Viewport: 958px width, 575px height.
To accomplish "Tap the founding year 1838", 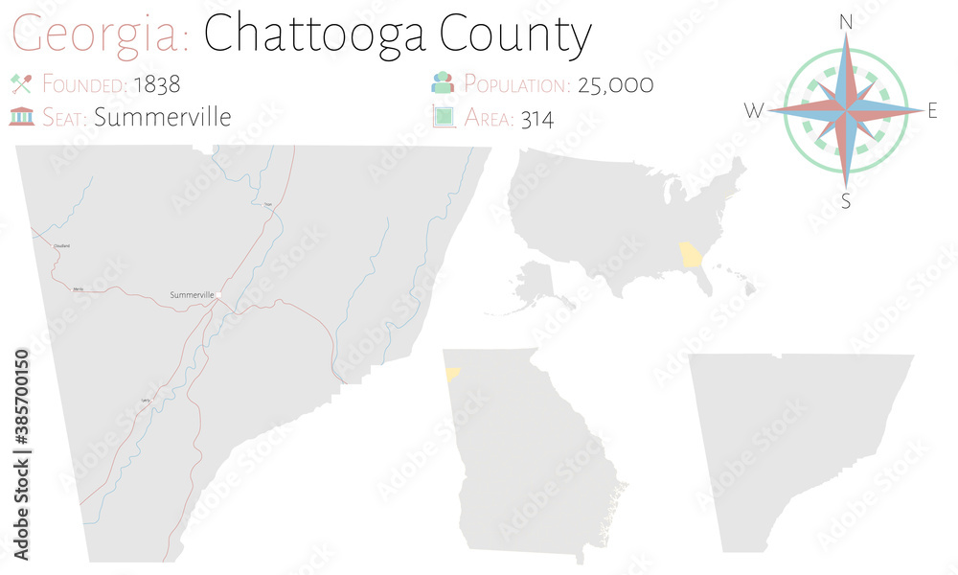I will pyautogui.click(x=156, y=84).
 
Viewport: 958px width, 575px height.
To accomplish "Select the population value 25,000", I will pyautogui.click(x=613, y=84).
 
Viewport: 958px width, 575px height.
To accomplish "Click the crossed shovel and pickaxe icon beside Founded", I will pyautogui.click(x=21, y=83).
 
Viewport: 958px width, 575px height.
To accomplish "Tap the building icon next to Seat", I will pyautogui.click(x=21, y=117).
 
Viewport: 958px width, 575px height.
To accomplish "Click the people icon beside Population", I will pyautogui.click(x=442, y=83).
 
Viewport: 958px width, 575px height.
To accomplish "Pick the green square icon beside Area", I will pyautogui.click(x=442, y=117).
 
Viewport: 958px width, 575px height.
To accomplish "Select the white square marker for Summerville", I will pyautogui.click(x=219, y=294).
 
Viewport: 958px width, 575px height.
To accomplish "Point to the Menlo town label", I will pyautogui.click(x=79, y=287).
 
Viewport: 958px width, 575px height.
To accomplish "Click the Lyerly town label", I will pyautogui.click(x=146, y=400).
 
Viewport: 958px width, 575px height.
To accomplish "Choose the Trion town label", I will pyautogui.click(x=268, y=204).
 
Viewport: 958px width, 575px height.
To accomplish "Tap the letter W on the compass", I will pyautogui.click(x=754, y=111).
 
